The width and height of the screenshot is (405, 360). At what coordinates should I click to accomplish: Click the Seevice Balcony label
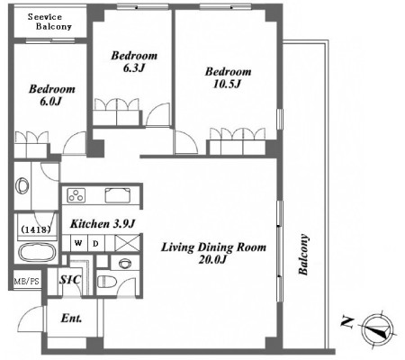[49, 22]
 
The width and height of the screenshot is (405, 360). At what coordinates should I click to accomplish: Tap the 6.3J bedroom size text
[134, 68]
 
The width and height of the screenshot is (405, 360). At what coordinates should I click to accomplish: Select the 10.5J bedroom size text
[227, 84]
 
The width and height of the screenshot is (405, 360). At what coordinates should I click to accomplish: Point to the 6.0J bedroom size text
[50, 102]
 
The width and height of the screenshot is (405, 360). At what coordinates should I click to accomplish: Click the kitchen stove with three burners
[76, 195]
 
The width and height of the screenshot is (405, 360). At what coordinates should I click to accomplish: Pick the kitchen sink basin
[118, 195]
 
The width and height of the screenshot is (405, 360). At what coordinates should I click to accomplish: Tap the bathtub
[37, 252]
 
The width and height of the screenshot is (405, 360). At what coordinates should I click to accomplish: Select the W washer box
[78, 243]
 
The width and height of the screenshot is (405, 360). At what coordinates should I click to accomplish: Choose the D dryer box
[96, 243]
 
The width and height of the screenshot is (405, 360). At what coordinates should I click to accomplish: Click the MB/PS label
[27, 282]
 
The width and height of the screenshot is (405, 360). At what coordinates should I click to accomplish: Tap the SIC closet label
[70, 280]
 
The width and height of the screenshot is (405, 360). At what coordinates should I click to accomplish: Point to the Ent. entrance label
[71, 319]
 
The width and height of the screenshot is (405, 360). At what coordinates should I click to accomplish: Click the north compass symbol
[377, 330]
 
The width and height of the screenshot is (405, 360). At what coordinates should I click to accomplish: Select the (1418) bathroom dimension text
[35, 229]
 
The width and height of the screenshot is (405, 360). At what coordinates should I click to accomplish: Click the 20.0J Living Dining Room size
[212, 259]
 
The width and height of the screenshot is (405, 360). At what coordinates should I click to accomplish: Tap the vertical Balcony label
[303, 255]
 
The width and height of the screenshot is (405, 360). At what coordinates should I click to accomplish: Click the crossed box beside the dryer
[127, 243]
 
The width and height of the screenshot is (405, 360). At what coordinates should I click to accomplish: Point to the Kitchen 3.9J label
[103, 224]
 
